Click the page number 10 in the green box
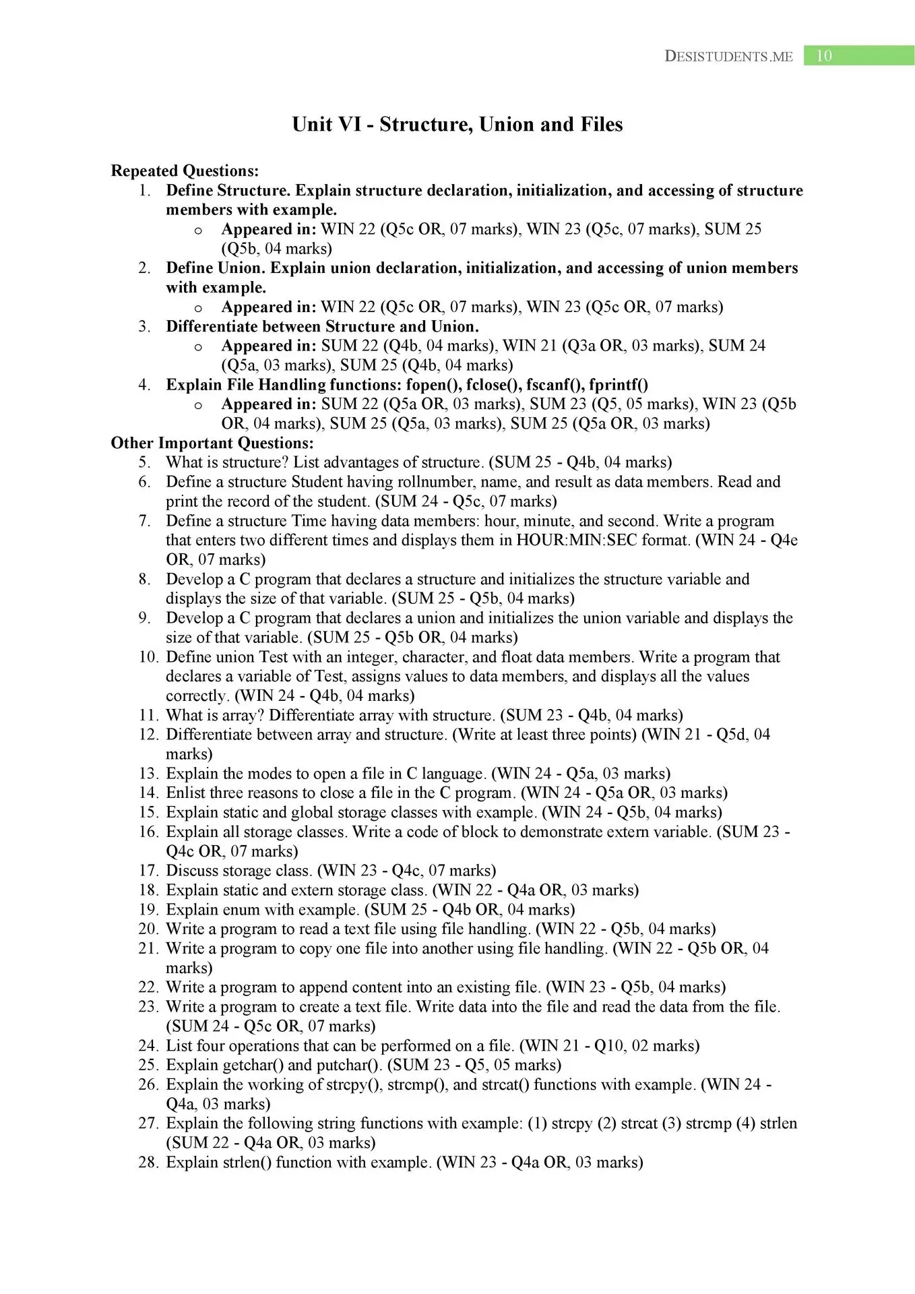point(824,56)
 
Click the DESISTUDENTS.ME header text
point(728,57)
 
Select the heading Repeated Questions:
point(185,171)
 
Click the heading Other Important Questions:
point(212,443)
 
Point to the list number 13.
point(148,774)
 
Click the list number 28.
point(148,1163)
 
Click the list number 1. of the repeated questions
point(144,191)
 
